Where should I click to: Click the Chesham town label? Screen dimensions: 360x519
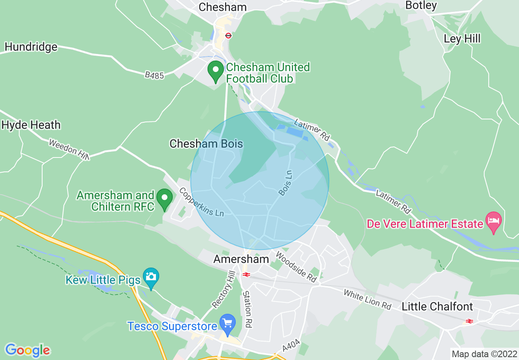tap(223, 7)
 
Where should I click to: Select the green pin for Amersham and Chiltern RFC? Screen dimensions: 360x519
tap(165, 199)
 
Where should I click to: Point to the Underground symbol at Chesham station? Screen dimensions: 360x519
tap(228, 36)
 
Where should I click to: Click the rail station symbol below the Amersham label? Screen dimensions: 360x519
tap(246, 274)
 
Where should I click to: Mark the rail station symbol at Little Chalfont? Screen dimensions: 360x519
tap(469, 321)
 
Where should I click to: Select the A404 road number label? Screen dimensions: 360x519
tap(291, 346)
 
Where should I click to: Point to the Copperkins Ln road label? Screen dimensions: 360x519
tap(201, 202)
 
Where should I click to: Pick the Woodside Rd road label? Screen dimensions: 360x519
tap(296, 267)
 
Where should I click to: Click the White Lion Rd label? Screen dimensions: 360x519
tap(367, 299)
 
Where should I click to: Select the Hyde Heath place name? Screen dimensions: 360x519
tap(31, 125)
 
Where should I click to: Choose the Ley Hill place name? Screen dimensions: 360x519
tap(462, 39)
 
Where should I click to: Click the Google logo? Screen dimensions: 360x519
tap(28, 350)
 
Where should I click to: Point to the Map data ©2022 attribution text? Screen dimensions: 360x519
tap(483, 353)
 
